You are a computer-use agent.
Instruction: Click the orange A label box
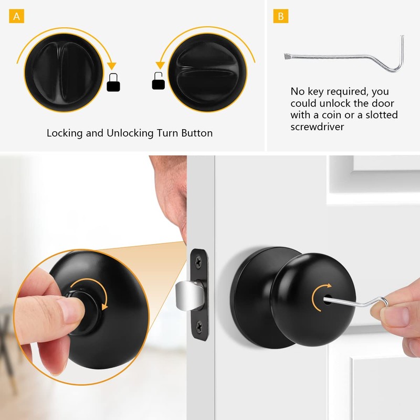[17, 16]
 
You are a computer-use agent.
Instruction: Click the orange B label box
[280, 16]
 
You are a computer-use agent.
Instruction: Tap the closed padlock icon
[113, 82]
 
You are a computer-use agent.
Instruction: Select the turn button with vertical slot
[63, 68]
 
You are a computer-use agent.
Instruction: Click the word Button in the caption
[195, 133]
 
